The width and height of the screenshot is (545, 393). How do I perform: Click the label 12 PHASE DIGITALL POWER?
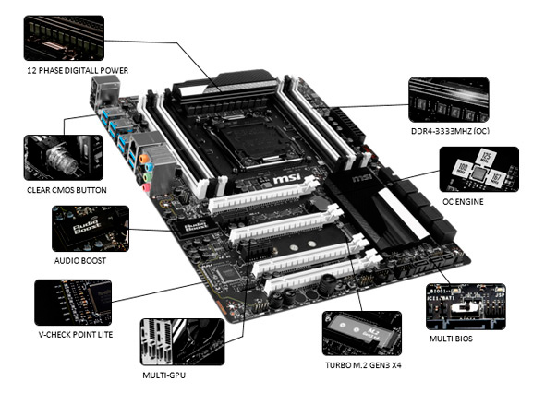(x=78, y=70)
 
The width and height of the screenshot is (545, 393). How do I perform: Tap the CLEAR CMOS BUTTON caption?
(x=67, y=190)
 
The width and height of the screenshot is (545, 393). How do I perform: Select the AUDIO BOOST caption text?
(x=80, y=261)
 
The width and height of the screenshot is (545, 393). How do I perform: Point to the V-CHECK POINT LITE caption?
(x=76, y=335)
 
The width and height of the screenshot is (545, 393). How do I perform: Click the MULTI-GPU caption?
(x=164, y=375)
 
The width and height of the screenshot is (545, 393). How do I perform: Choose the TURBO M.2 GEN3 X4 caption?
(x=363, y=365)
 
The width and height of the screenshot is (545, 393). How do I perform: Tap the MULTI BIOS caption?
(x=451, y=339)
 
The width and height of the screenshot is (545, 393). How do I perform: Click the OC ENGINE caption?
(x=463, y=202)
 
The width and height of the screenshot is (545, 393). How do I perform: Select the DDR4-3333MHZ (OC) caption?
(x=450, y=131)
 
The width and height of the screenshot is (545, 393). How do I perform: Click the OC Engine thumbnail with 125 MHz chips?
(x=479, y=169)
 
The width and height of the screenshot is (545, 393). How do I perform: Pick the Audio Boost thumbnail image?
(x=91, y=229)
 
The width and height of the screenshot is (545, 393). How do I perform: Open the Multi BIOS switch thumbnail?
(x=466, y=306)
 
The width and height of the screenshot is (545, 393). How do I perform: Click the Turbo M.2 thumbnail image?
(x=362, y=333)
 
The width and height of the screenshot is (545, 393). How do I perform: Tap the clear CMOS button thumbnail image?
(x=64, y=158)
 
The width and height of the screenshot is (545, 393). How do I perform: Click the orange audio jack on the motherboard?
(x=143, y=159)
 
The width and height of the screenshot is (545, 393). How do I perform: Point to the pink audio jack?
(x=146, y=187)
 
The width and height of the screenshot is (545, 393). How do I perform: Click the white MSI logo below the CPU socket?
(x=286, y=178)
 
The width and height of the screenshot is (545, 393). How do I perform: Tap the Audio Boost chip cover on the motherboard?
(x=195, y=227)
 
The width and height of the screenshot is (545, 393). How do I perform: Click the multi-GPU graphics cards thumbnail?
(x=183, y=341)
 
